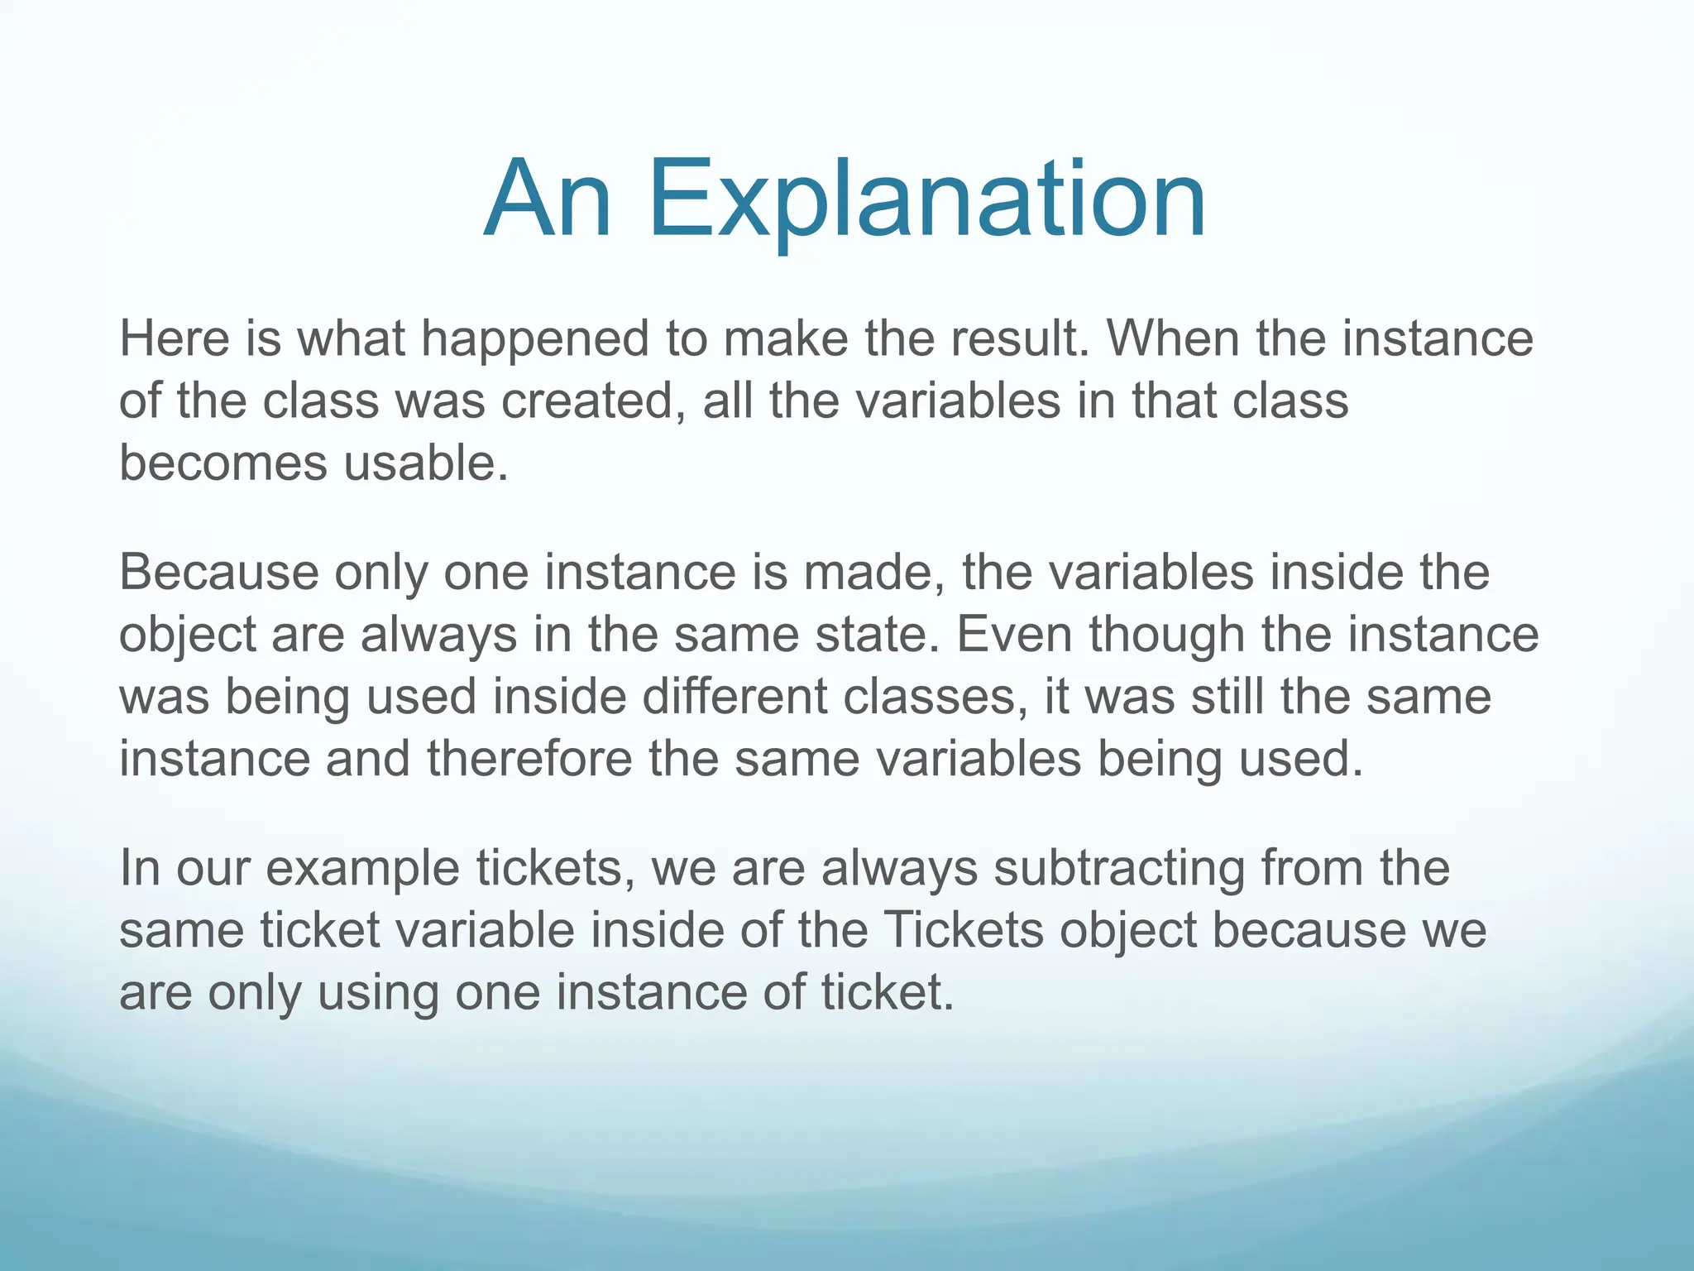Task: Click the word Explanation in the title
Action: point(926,201)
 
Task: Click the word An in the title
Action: point(548,201)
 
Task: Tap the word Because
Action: point(218,573)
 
